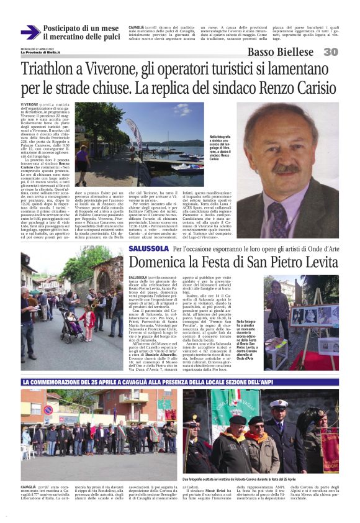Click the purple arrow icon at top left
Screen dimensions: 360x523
[x=30, y=32]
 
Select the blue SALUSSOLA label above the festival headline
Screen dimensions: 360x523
[x=148, y=249]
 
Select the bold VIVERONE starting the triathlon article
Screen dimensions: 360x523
[x=30, y=105]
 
